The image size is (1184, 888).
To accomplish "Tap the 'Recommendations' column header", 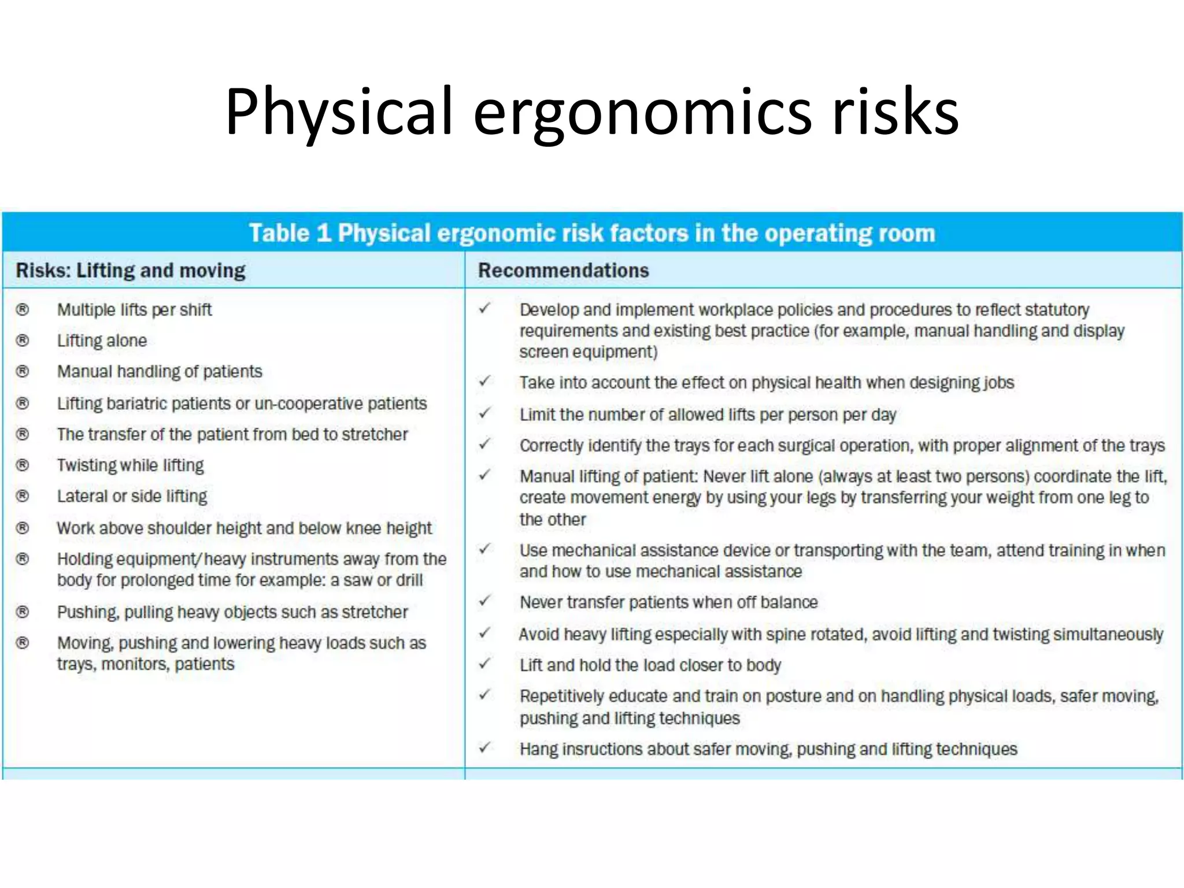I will (563, 271).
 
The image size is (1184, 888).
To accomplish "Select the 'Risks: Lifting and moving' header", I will (131, 271).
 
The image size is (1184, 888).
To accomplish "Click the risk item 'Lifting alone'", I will (102, 341).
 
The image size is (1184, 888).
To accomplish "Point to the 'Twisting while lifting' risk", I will (130, 465).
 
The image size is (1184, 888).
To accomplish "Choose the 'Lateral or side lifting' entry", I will (132, 496).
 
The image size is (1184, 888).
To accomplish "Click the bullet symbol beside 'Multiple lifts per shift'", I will (23, 310).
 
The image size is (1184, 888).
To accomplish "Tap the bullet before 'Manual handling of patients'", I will (23, 371).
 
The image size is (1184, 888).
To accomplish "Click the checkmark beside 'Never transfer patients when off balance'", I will (484, 601).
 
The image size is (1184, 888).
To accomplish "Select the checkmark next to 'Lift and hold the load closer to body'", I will (484, 664).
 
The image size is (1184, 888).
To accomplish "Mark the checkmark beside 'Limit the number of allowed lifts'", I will (484, 413).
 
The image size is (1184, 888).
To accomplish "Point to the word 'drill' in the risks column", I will (409, 580).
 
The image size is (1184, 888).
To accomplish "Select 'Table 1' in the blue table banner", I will (290, 233).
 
